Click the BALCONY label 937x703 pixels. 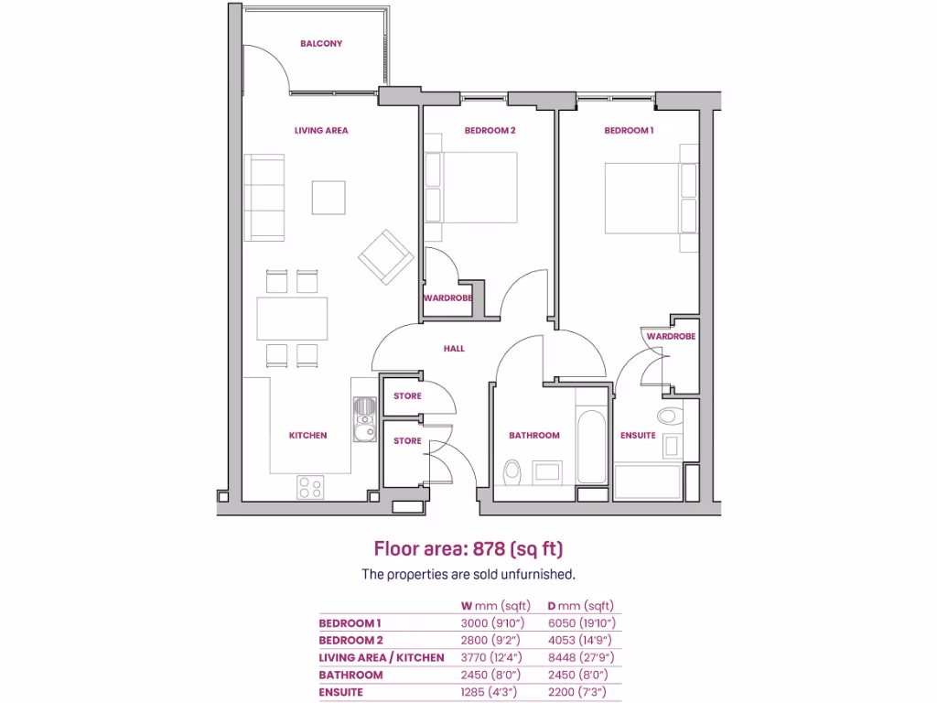point(321,43)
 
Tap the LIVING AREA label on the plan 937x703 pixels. point(321,131)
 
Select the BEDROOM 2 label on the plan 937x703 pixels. point(490,131)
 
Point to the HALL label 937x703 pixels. point(454,349)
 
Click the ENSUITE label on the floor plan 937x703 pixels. point(638,436)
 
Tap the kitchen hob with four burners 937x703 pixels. point(310,487)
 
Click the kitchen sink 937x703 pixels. point(364,420)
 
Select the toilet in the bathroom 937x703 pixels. point(513,472)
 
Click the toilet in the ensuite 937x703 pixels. point(671,416)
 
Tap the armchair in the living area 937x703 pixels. point(384,256)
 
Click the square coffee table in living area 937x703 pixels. point(328,197)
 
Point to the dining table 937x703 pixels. point(293,319)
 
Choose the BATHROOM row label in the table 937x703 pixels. point(350,676)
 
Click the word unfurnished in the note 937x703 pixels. point(539,575)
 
